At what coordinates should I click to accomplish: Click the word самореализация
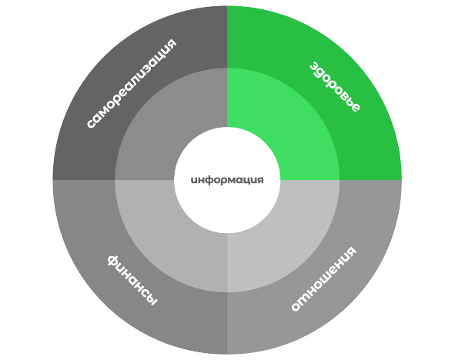132,83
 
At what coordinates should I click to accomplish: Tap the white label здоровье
335,87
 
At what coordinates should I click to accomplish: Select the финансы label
132,280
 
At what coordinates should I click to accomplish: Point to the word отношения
323,278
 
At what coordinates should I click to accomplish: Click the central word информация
227,180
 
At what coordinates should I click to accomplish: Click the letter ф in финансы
113,261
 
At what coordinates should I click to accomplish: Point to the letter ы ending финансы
151,299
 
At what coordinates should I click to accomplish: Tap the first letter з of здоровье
313,66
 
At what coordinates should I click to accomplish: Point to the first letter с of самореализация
91,124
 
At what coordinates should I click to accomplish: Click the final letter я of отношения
351,251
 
